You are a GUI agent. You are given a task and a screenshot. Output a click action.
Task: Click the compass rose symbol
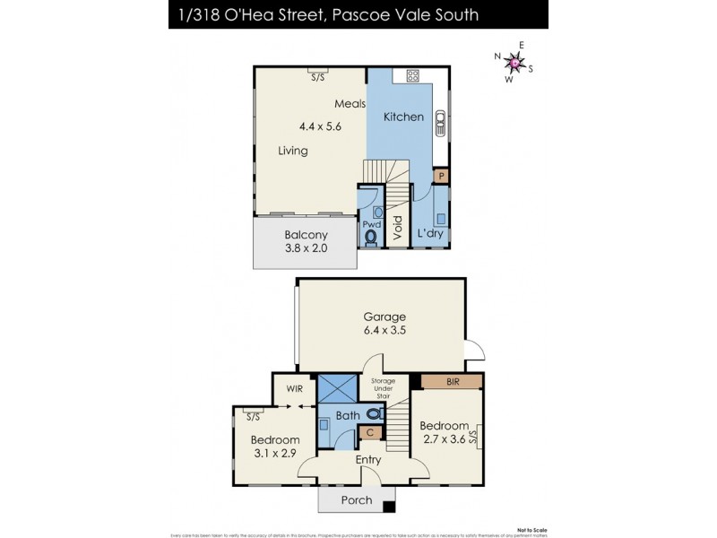(x=514, y=63)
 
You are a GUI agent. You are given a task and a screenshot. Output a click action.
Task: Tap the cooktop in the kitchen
(x=413, y=75)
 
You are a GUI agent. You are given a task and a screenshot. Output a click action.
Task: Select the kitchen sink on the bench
(x=439, y=122)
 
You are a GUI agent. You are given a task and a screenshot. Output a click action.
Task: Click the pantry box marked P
(x=440, y=177)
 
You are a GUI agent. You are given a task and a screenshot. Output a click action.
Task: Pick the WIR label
(x=294, y=389)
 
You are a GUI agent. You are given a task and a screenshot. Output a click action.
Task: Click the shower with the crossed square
(x=338, y=389)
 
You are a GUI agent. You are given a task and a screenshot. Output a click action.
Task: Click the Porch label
(x=356, y=500)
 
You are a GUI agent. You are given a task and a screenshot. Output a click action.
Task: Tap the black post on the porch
(x=388, y=508)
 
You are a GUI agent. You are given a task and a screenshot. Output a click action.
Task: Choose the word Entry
(x=368, y=460)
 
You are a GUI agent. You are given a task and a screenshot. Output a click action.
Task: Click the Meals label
(x=350, y=103)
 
